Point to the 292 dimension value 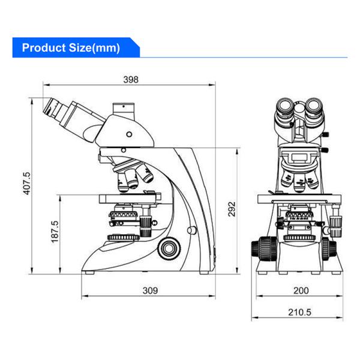coord(232,208)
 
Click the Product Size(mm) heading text coord(71,47)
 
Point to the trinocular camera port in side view coord(125,110)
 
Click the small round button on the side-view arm coord(192,230)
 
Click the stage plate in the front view coord(298,199)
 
